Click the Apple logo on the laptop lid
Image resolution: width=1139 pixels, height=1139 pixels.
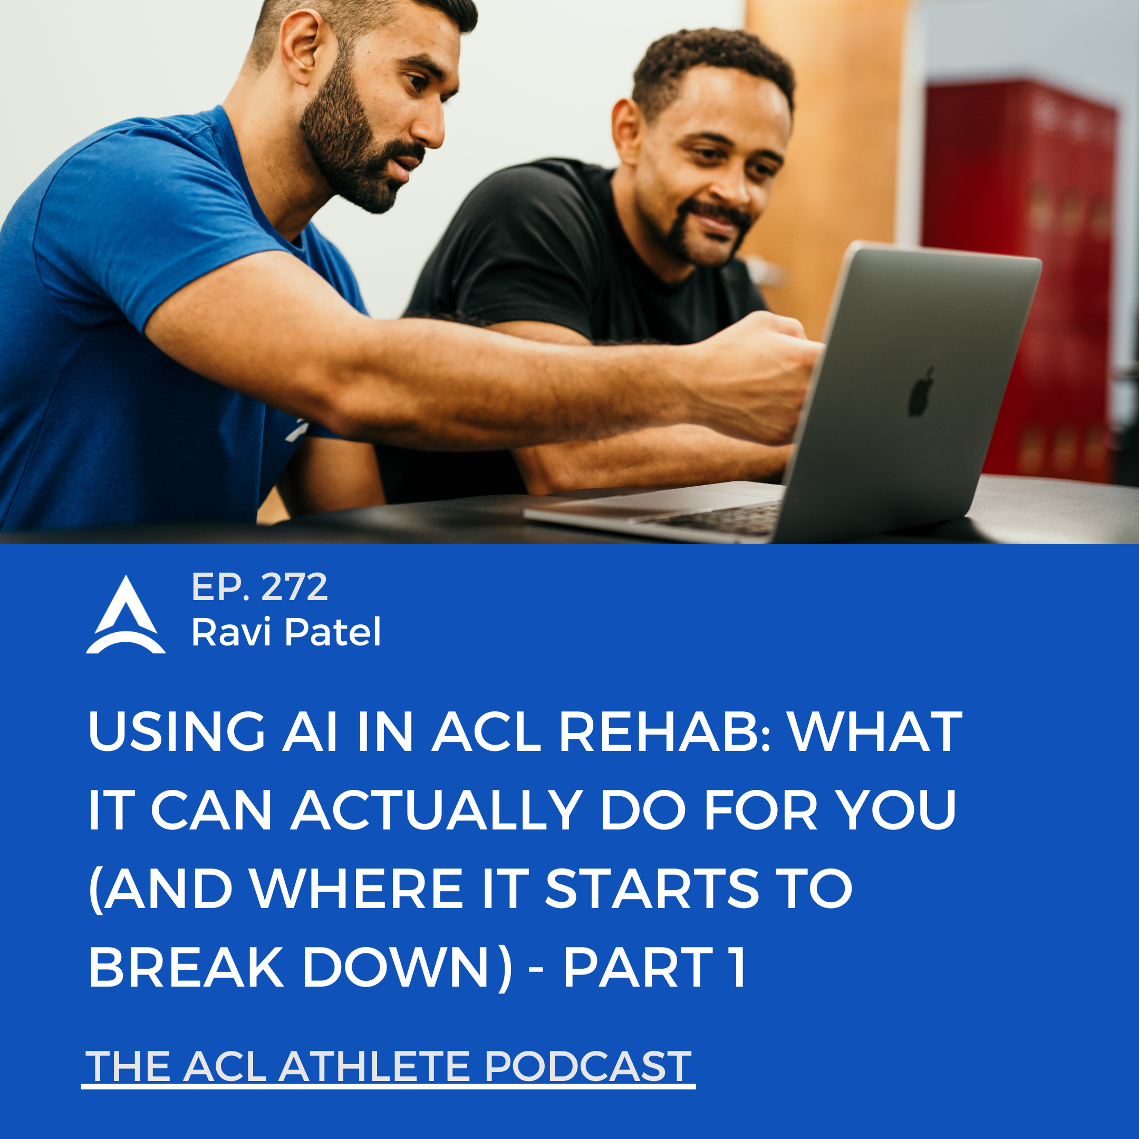(921, 392)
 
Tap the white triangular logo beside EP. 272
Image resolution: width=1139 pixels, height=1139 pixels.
(126, 614)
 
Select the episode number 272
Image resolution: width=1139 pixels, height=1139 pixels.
(294, 587)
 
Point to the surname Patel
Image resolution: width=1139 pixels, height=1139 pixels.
(333, 632)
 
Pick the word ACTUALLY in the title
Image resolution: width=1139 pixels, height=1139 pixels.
(437, 810)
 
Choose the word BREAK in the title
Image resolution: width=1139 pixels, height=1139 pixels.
(186, 967)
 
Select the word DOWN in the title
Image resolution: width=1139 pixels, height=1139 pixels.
(395, 967)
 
